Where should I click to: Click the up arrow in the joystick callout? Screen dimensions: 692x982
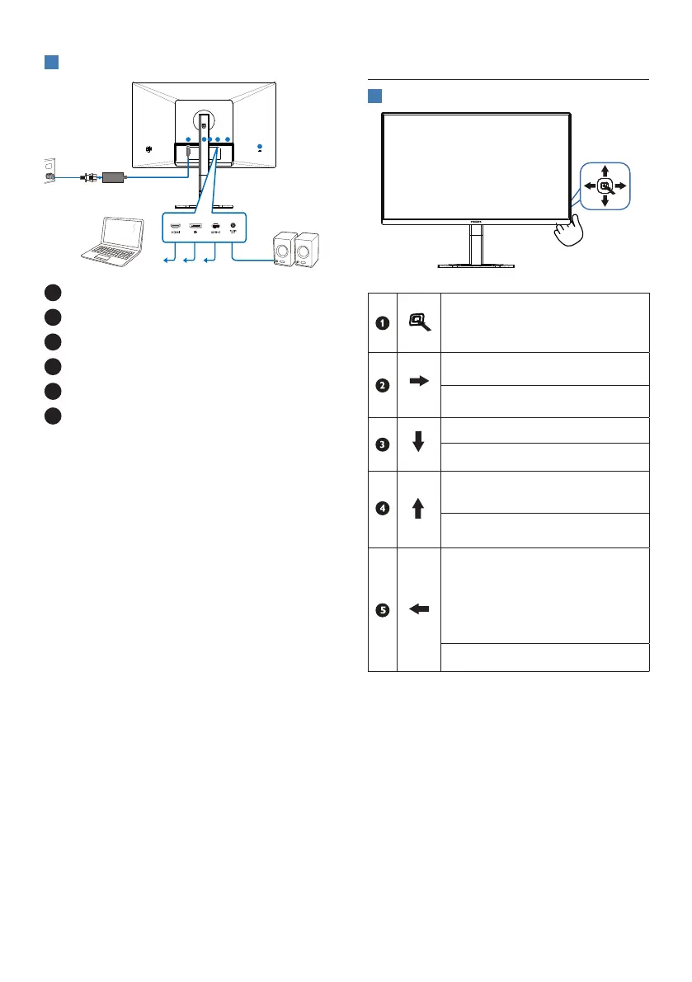[605, 170]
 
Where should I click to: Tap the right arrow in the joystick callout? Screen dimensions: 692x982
[621, 186]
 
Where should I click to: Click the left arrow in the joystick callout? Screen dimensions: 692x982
[589, 186]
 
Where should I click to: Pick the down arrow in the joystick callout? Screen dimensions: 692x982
[605, 202]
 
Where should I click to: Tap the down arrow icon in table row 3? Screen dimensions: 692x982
[419, 443]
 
